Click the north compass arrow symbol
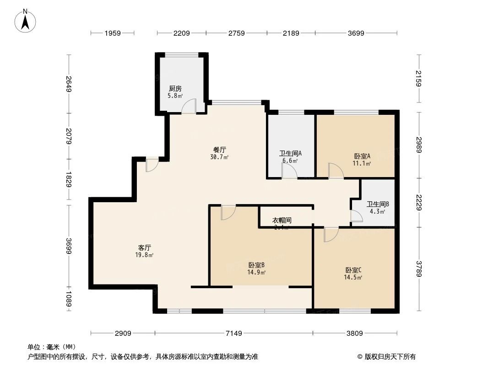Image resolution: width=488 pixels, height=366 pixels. tap(26, 21)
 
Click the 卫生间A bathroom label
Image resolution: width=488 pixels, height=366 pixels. tap(290, 154)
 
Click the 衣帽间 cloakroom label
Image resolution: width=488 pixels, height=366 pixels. tap(282, 221)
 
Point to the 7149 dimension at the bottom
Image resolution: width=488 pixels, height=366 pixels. tap(233, 334)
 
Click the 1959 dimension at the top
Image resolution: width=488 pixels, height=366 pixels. tap(113, 33)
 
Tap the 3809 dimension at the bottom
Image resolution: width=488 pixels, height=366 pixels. tap(355, 334)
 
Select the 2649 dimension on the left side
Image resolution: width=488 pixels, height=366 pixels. tap(69, 84)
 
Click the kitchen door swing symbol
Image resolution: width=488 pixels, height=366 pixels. tap(189, 107)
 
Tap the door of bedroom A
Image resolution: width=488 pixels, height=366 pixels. tap(336, 171)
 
